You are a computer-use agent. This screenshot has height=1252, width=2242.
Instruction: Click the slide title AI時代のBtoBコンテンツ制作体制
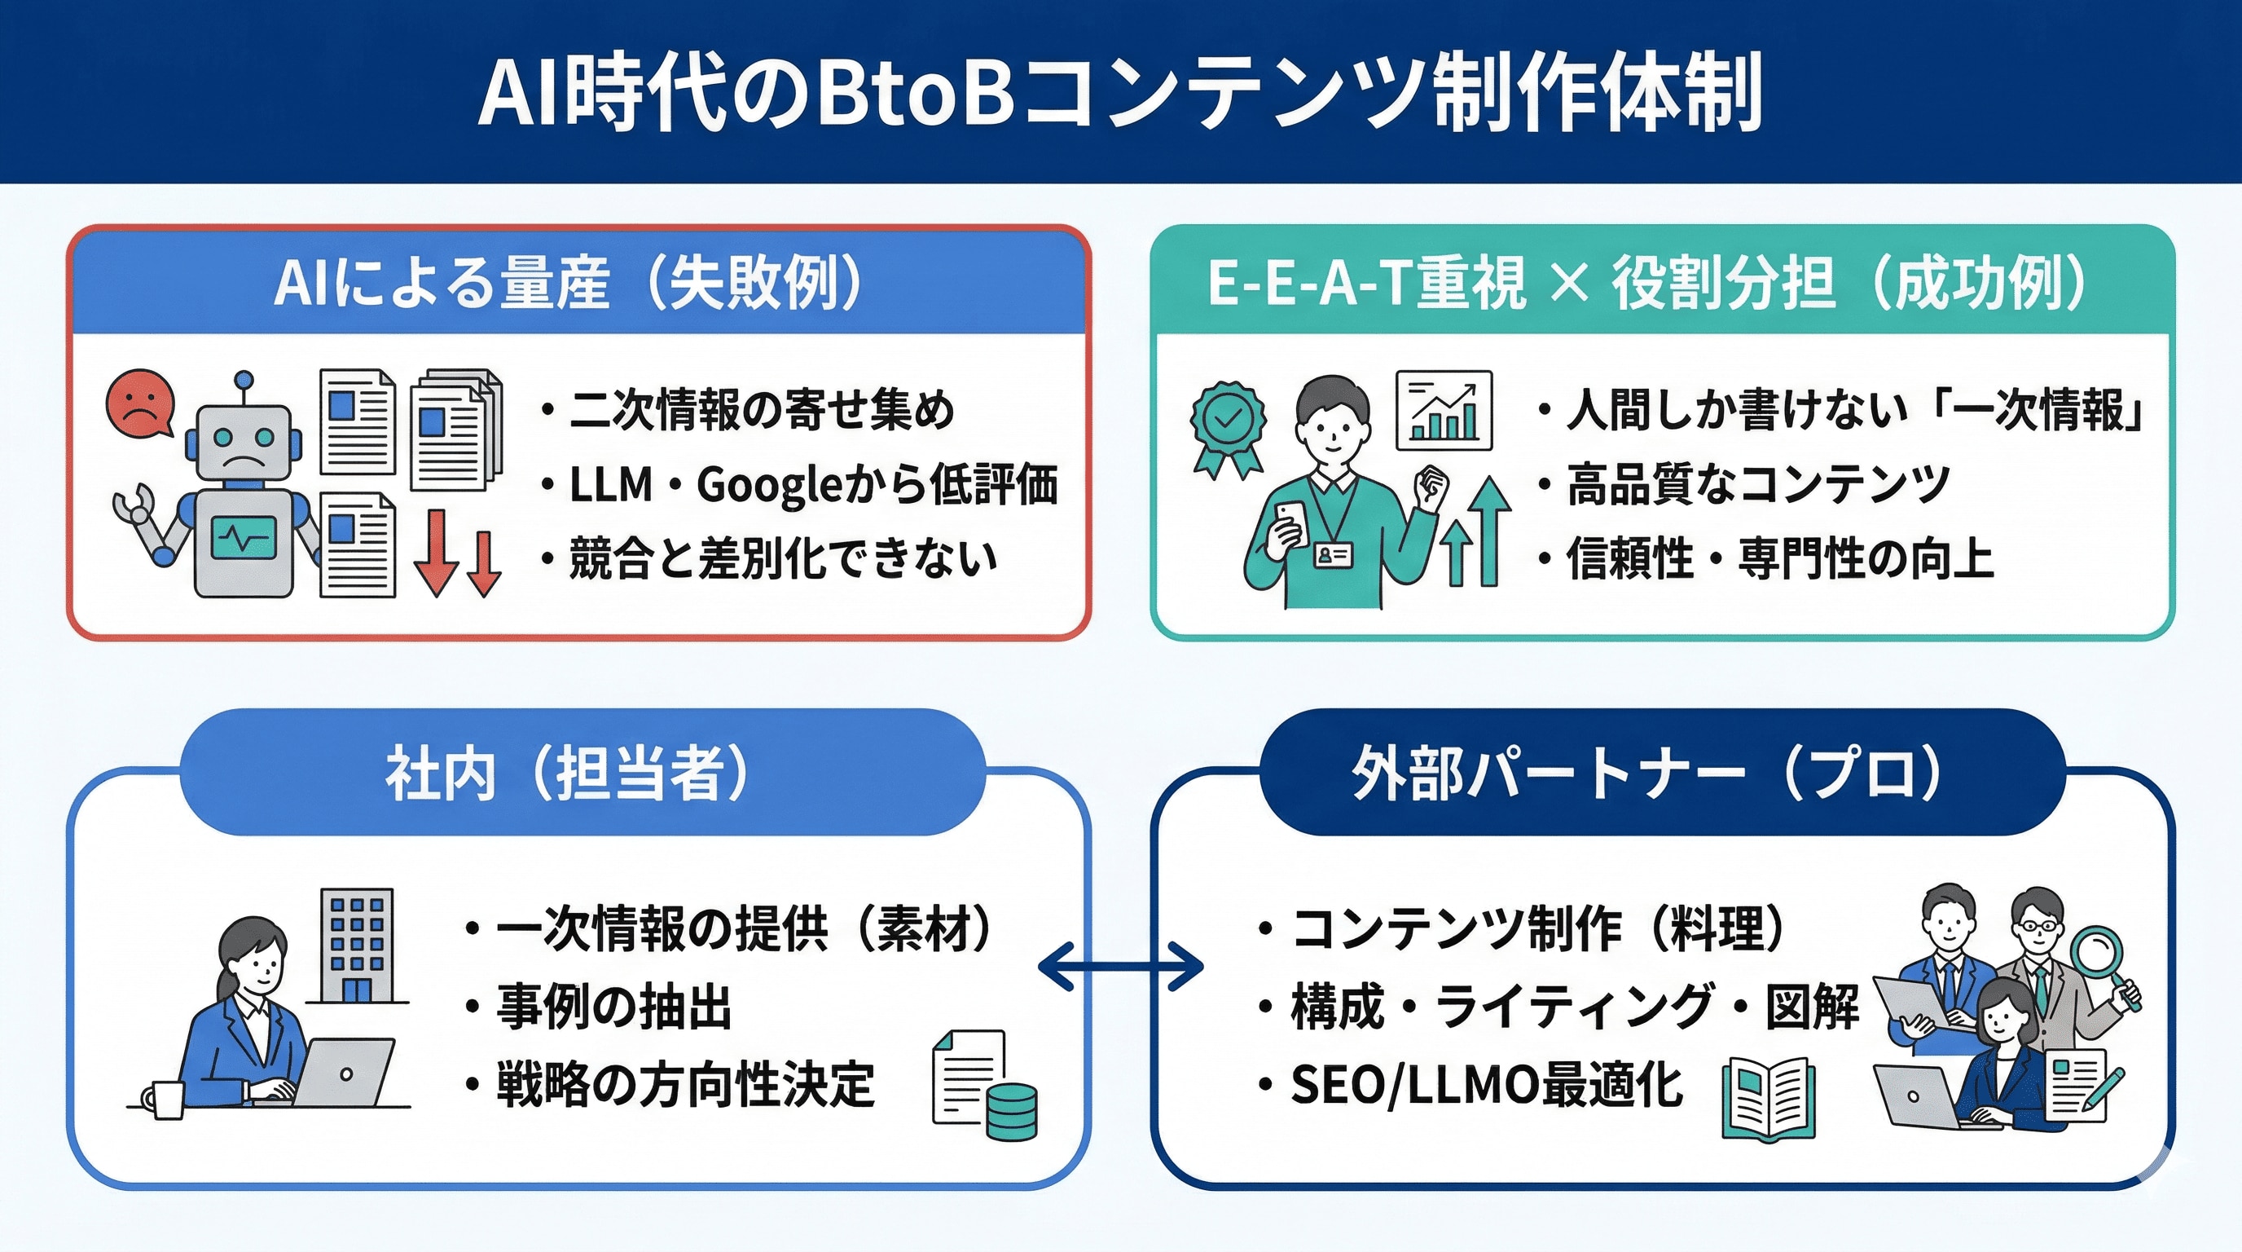pos(1121,91)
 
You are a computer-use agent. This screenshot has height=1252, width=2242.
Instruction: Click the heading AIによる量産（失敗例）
pos(570,283)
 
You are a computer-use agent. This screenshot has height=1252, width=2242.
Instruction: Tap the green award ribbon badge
pos(1228,425)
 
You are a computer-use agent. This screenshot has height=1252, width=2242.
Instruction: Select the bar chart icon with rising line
pos(1444,411)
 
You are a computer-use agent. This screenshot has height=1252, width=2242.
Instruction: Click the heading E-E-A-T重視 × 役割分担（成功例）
pos(1647,283)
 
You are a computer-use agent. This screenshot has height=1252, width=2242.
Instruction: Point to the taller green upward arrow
pos(1491,531)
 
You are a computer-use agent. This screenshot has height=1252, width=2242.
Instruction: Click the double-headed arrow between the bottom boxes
pos(1121,966)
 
